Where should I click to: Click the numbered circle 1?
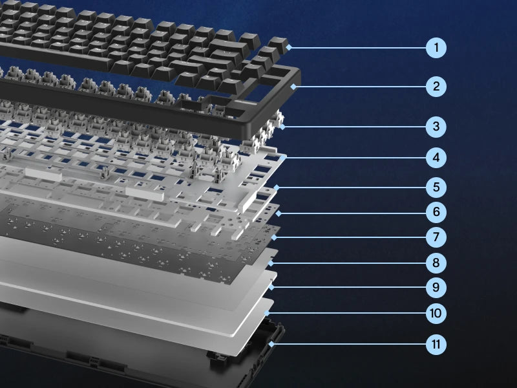[437, 47]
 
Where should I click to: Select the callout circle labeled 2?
[437, 86]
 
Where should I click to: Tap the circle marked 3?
[437, 126]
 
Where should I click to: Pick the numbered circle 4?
[437, 157]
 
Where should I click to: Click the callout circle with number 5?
[437, 188]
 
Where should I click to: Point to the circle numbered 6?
[437, 211]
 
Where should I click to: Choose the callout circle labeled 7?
[437, 237]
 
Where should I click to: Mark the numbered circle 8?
[437, 263]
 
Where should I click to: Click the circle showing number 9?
[437, 286]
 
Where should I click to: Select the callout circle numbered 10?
[437, 313]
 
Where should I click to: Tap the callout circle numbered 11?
[437, 344]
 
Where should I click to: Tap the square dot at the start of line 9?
[273, 286]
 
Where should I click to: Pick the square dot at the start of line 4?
[285, 157]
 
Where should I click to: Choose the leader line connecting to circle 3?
[355, 126]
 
